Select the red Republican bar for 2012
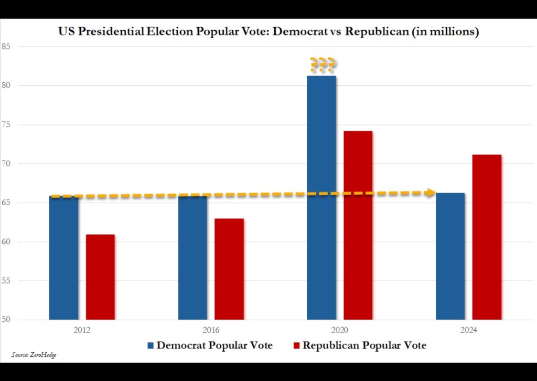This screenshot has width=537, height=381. [100, 277]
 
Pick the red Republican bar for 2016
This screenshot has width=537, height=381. [229, 269]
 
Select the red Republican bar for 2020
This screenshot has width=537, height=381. [358, 225]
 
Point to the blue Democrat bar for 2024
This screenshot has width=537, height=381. [450, 256]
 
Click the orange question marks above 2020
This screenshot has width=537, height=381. [322, 65]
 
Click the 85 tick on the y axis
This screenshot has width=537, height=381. [7, 47]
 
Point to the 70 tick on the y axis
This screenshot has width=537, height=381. [7, 164]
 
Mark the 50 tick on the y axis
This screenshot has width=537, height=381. [7, 320]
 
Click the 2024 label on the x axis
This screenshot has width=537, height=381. [468, 330]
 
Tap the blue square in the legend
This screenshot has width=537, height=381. [151, 346]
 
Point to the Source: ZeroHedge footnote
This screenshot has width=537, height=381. [34, 355]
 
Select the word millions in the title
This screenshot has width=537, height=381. [453, 32]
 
